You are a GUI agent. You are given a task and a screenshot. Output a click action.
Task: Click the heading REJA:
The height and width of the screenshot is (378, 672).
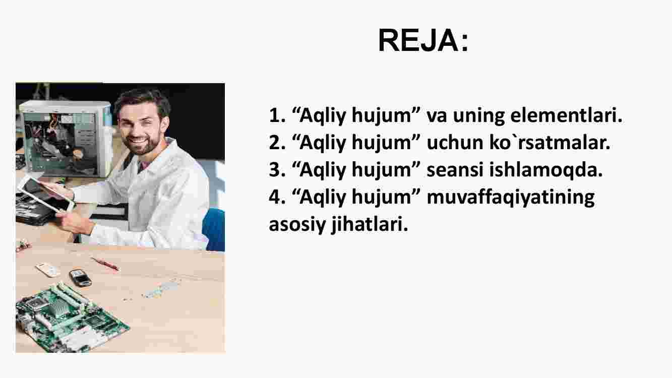(423, 40)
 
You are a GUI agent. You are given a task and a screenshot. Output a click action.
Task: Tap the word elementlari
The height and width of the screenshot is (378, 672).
(566, 115)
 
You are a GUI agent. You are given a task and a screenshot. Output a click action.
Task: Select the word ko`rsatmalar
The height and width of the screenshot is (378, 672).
(549, 143)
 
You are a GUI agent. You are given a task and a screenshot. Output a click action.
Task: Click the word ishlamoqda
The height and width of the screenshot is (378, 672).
(545, 170)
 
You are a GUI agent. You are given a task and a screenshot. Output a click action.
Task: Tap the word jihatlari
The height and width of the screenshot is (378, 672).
(370, 224)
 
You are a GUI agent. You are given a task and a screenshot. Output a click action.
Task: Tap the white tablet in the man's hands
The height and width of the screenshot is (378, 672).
(46, 195)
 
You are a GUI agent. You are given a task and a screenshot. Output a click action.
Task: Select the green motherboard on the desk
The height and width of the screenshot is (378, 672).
(71, 320)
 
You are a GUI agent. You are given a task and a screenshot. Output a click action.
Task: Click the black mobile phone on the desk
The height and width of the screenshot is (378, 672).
(80, 278)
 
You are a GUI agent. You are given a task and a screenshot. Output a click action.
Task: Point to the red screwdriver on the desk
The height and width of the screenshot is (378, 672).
(105, 264)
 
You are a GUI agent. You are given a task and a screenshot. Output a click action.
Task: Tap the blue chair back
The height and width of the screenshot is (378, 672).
(214, 229)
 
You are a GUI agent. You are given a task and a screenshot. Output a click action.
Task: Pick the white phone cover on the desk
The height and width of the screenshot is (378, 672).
(48, 270)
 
